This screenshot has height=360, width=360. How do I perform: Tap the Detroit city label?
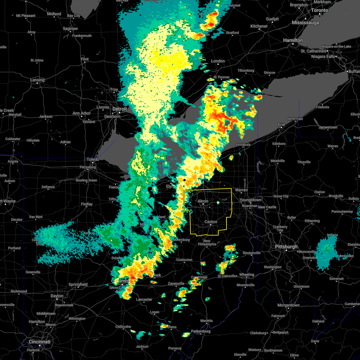coord(120,109)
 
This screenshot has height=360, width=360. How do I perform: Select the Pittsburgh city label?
coord(286,247)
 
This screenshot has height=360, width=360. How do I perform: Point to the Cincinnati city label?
coord(39,342)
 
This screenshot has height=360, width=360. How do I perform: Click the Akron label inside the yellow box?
coord(203,201)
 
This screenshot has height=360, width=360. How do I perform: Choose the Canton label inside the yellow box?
coord(211,222)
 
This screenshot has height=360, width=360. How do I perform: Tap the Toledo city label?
coord(93,159)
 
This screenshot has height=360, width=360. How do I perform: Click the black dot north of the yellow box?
coord(184,180)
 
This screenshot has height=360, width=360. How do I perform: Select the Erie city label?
coord(281,124)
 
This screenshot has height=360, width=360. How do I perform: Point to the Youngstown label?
coord(250,200)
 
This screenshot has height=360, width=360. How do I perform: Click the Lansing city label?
coord(37,80)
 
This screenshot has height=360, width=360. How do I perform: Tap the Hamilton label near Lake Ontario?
coord(293,40)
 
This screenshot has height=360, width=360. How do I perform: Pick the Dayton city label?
coord(57,296)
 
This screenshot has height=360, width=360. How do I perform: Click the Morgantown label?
coord(288,305)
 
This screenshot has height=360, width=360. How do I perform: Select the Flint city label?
coord(85,59)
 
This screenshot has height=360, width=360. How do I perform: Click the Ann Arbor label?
coord(82,113)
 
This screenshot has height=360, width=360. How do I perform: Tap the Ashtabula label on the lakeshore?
coord(242,145)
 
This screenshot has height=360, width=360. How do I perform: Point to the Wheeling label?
coord(247,274)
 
